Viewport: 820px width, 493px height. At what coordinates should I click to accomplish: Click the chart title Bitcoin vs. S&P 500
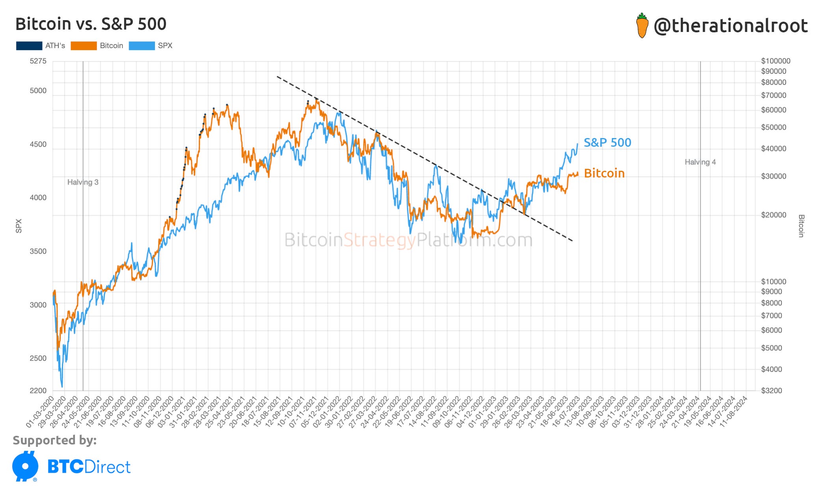pyautogui.click(x=91, y=24)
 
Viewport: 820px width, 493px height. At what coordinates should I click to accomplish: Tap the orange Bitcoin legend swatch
pyautogui.click(x=84, y=46)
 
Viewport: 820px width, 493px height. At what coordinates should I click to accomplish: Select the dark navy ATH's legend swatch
pyautogui.click(x=29, y=46)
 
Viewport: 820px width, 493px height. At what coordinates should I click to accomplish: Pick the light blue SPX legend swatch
pyautogui.click(x=142, y=46)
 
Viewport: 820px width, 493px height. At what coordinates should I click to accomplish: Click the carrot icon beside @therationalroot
pyautogui.click(x=642, y=26)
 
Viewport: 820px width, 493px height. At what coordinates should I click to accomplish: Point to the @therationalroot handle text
pyautogui.click(x=731, y=26)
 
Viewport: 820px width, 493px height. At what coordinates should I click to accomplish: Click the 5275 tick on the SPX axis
pyautogui.click(x=38, y=61)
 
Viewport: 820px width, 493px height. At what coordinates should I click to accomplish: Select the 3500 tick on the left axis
pyautogui.click(x=38, y=251)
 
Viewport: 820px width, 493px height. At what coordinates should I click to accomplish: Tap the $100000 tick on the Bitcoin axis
pyautogui.click(x=775, y=61)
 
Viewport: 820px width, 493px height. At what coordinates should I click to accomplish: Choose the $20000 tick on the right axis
pyautogui.click(x=773, y=215)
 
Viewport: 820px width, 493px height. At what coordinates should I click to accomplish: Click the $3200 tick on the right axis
pyautogui.click(x=772, y=390)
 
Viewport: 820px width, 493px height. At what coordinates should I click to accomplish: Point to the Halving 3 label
pyautogui.click(x=83, y=182)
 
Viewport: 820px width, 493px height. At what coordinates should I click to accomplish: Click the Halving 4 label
pyautogui.click(x=700, y=162)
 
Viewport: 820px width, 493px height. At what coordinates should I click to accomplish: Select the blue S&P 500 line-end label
pyautogui.click(x=607, y=142)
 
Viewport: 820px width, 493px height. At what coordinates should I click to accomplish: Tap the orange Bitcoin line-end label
pyautogui.click(x=604, y=173)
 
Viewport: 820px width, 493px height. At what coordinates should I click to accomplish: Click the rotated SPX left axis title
pyautogui.click(x=19, y=226)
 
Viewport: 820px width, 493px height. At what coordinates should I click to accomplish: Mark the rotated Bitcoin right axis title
pyautogui.click(x=801, y=226)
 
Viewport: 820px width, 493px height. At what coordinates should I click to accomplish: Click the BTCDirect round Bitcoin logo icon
pyautogui.click(x=26, y=466)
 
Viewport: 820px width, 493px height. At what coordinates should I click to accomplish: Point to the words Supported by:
pyautogui.click(x=55, y=440)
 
